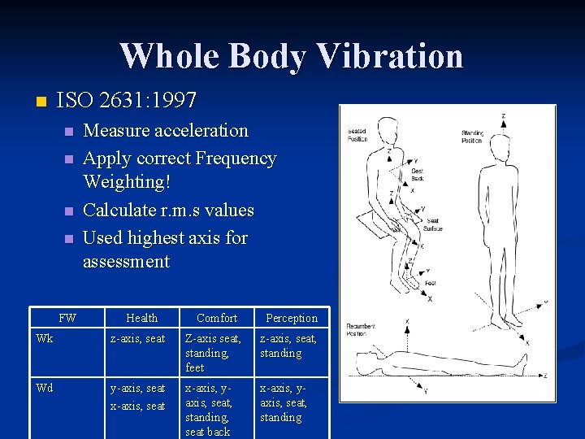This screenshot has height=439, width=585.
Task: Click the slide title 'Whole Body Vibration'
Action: (292, 56)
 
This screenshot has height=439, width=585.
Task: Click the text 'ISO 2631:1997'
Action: (127, 101)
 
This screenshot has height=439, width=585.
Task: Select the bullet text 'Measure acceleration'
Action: (166, 130)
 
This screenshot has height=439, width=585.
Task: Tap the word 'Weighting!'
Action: (127, 181)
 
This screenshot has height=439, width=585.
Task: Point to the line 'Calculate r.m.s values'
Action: (169, 210)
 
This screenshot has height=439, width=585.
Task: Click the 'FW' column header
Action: (68, 318)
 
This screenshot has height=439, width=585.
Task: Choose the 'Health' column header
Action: (142, 318)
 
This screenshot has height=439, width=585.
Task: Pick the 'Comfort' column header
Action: (217, 318)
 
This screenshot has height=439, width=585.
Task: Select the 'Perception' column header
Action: (292, 318)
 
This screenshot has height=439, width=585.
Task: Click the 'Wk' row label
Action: (44, 339)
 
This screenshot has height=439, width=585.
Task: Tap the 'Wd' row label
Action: (44, 388)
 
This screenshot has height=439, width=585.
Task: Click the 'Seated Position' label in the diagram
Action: (357, 135)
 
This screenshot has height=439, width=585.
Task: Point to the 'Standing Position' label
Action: (472, 135)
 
